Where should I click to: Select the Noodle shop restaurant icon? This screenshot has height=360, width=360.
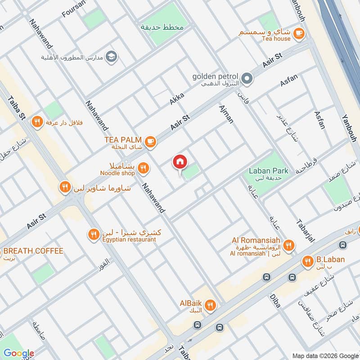coord(143,168)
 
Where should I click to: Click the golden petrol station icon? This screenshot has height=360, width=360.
coord(247,79)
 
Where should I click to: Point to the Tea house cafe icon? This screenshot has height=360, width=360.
coord(298,33)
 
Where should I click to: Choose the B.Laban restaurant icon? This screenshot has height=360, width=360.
coord(308,261)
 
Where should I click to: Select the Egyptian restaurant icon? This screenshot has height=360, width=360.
coord(94,234)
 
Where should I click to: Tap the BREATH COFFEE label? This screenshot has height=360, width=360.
coord(33,251)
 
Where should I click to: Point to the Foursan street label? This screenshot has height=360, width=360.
coord(74,11)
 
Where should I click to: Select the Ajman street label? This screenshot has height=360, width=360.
coord(226,114)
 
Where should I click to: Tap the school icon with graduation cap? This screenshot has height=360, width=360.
coord(112,57)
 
